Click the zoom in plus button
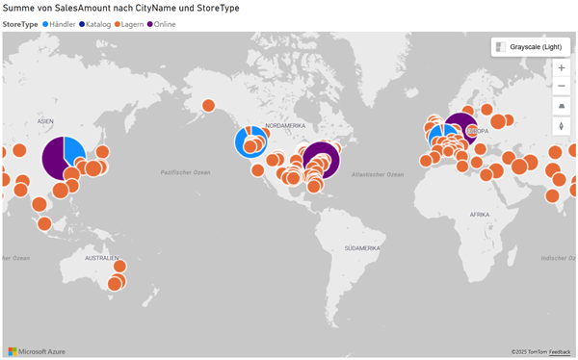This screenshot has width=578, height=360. coord(562,67)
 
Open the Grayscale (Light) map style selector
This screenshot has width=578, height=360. coord(526,46)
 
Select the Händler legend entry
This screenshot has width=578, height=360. coord(58,23)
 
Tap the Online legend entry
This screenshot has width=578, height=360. coord(165,23)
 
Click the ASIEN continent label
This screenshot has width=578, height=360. coord(45,121)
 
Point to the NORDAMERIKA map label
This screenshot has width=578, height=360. coord(285,126)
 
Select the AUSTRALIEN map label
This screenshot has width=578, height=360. coord(101,259)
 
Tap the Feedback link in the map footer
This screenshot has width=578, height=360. coord(560,352)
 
